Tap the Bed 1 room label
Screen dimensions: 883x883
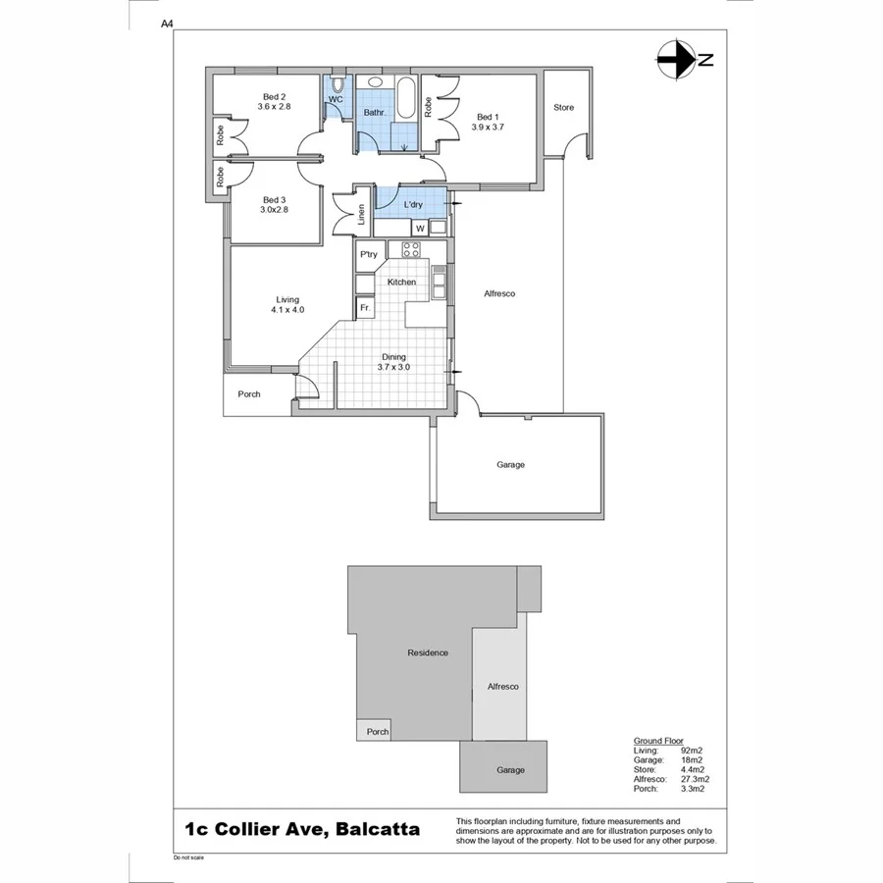[x=487, y=116]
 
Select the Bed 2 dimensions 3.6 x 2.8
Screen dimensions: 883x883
[x=275, y=106]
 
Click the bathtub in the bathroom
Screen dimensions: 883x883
[x=404, y=98]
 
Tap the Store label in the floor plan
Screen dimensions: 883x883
[x=563, y=107]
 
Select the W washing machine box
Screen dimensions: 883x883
[x=419, y=229]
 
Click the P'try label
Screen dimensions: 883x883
[x=369, y=255]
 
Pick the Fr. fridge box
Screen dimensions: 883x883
[x=365, y=308]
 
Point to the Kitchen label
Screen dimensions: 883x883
[x=401, y=283]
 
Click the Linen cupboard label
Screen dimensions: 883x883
[x=362, y=215]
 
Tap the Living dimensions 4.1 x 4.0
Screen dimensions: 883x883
[x=287, y=310]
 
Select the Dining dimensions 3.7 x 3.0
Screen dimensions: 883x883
[x=393, y=367]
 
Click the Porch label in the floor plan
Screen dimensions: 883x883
[x=249, y=394]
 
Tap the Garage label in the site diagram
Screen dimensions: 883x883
[x=510, y=770]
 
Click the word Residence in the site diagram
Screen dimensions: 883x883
[x=428, y=652]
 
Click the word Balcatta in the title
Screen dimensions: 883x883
[x=378, y=829]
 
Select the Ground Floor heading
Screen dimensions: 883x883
[x=658, y=741]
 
